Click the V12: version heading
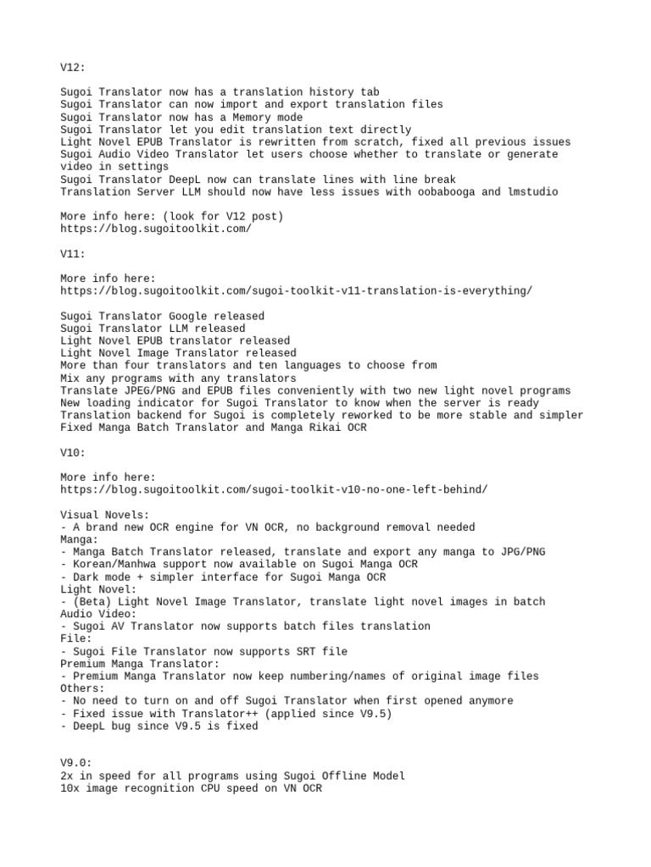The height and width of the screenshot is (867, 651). click(73, 67)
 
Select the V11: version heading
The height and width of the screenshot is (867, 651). click(73, 253)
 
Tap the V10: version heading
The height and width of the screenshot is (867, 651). click(73, 453)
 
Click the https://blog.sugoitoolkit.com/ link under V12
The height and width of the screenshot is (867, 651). click(156, 229)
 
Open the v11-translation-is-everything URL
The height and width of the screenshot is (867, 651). click(297, 291)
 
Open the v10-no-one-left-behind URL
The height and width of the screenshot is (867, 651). click(274, 490)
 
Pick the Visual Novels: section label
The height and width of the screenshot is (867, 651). click(105, 515)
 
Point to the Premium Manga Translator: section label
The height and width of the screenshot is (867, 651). click(140, 664)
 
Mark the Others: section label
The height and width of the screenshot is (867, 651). click(83, 688)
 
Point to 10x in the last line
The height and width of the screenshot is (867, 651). click(70, 788)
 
